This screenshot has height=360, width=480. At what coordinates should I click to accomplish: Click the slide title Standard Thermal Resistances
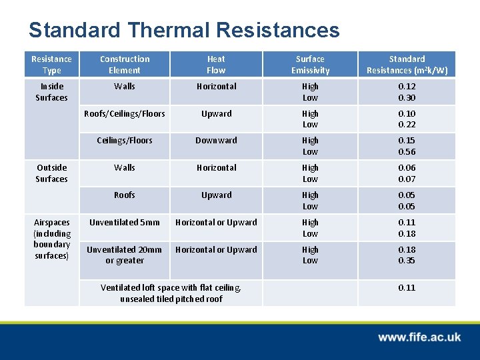[x=184, y=30]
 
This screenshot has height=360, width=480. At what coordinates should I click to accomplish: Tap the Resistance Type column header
[x=51, y=65]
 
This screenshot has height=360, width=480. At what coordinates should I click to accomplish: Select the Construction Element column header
[x=125, y=65]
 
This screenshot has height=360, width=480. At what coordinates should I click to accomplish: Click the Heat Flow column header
[x=216, y=65]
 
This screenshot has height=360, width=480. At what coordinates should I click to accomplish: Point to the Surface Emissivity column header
[x=310, y=65]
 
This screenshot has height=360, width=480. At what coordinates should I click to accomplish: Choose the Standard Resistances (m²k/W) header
[x=407, y=65]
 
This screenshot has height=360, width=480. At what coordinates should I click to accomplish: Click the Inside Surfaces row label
[x=51, y=92]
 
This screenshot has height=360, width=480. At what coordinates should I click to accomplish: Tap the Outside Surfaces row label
[x=51, y=173]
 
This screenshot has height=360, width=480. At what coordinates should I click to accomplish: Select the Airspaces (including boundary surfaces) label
[x=51, y=239]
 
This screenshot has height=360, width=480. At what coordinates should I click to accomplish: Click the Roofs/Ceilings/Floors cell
[x=125, y=114]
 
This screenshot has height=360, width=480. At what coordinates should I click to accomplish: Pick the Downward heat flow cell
[x=216, y=141]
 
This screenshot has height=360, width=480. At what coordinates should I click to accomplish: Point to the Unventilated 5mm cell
[x=125, y=223]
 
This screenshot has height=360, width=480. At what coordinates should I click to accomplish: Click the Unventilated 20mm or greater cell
[x=125, y=255]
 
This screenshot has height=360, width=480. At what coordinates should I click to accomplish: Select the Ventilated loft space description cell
[x=171, y=293]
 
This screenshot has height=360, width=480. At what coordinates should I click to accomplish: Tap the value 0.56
[x=407, y=152]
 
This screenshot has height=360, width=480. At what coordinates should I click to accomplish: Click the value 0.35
[x=407, y=261]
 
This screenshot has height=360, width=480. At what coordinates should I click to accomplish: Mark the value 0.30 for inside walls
[x=407, y=98]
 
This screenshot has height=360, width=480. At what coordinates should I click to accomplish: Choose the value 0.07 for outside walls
[x=407, y=179]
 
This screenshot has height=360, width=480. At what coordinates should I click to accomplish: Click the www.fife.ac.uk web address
[x=419, y=337]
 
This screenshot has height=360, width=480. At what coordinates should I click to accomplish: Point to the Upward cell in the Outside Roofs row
[x=216, y=195]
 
